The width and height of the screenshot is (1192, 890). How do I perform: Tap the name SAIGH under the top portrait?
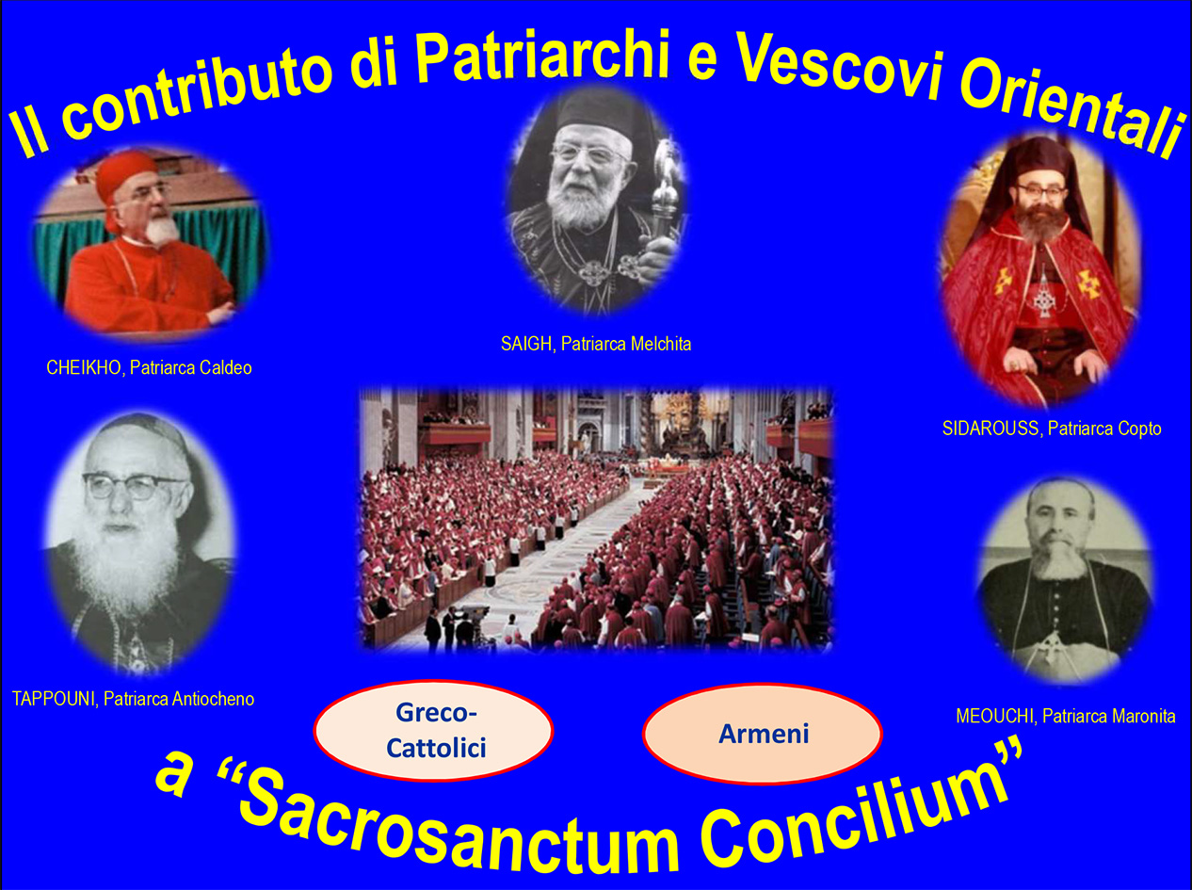click(526, 345)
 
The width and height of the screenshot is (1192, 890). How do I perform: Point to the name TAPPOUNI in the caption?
click(54, 699)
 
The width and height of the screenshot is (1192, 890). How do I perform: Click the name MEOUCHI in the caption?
click(994, 716)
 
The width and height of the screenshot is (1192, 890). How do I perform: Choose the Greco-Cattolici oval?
click(433, 730)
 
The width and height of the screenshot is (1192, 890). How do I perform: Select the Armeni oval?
click(763, 734)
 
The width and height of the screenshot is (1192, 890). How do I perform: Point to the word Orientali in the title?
click(1072, 112)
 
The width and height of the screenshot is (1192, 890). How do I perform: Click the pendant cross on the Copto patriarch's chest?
click(1043, 299)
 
